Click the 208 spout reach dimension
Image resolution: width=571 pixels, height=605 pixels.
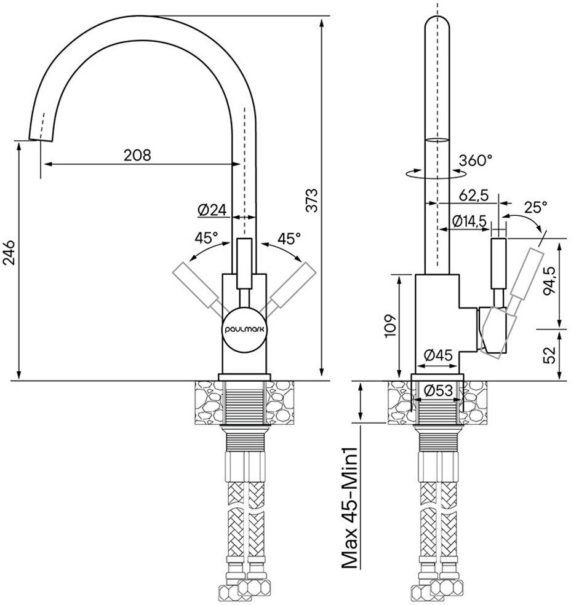tap(137, 155)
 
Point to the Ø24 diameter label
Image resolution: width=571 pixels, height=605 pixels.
tap(212, 210)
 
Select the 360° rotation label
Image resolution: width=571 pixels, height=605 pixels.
tap(476, 160)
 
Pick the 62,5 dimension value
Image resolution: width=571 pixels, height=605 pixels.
tap(473, 196)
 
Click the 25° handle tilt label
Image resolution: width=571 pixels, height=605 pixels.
tap(535, 207)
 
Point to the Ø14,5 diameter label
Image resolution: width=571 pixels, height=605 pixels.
tap(469, 221)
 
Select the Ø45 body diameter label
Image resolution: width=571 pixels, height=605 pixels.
tap(439, 355)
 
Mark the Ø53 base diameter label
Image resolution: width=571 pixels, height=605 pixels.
tap(439, 389)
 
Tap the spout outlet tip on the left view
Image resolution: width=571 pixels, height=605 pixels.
tap(38, 136)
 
